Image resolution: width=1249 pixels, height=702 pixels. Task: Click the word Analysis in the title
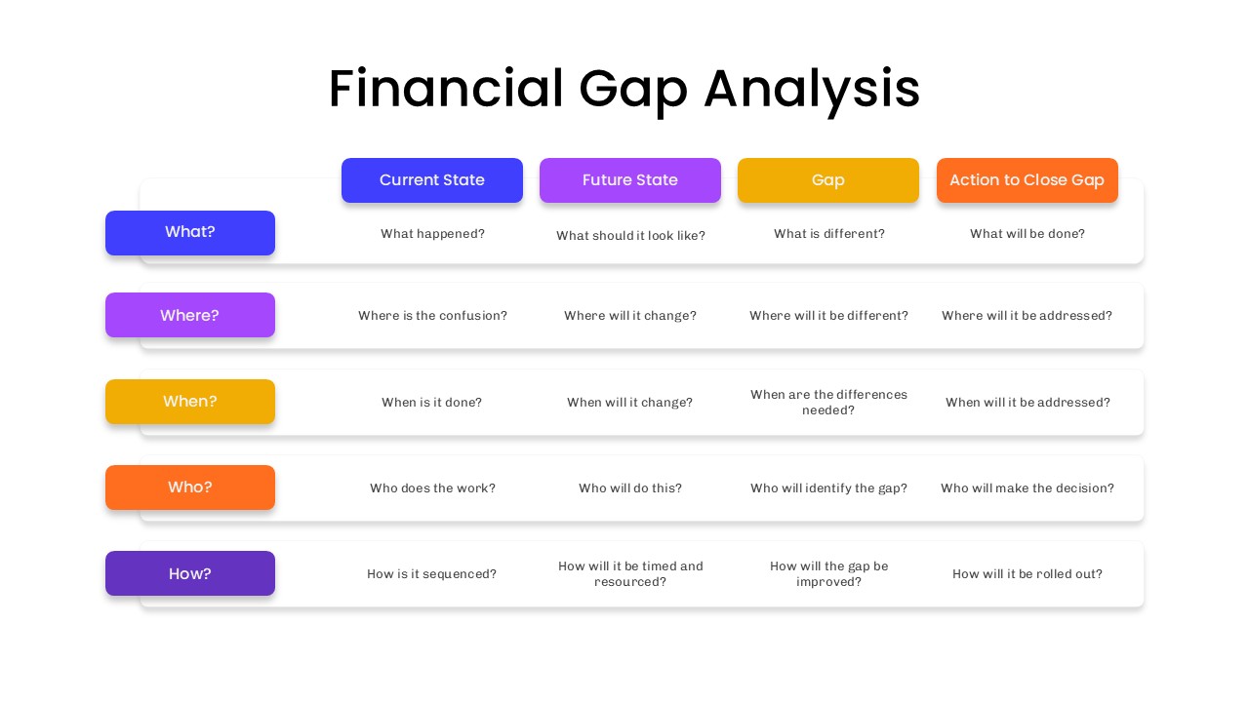[811, 90]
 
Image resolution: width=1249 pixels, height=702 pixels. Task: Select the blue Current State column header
[432, 180]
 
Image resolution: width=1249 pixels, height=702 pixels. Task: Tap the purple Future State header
[630, 180]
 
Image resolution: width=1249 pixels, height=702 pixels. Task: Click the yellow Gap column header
[828, 180]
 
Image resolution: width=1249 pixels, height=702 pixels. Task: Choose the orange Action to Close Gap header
[1027, 180]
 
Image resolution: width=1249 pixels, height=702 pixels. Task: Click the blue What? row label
[190, 232]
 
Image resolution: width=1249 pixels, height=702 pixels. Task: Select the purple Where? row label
[190, 315]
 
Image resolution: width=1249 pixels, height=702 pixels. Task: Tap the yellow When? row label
[190, 402]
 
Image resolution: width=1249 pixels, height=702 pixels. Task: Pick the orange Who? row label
[190, 487]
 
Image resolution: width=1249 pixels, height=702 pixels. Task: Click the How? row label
[190, 573]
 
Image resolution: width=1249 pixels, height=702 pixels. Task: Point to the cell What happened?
[432, 234]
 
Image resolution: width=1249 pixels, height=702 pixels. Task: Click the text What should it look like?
[630, 236]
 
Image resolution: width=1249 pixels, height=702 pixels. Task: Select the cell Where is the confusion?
[432, 316]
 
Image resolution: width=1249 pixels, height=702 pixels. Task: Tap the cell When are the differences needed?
[828, 402]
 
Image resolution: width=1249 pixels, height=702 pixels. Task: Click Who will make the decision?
[1027, 488]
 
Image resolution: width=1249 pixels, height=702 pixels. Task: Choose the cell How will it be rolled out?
[1027, 574]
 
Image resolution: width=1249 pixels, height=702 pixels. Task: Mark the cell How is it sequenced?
[432, 574]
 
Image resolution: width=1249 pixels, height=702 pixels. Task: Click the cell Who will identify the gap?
[828, 488]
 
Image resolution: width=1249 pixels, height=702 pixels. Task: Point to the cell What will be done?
[1027, 234]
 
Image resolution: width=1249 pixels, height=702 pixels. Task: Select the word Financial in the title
[446, 90]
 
